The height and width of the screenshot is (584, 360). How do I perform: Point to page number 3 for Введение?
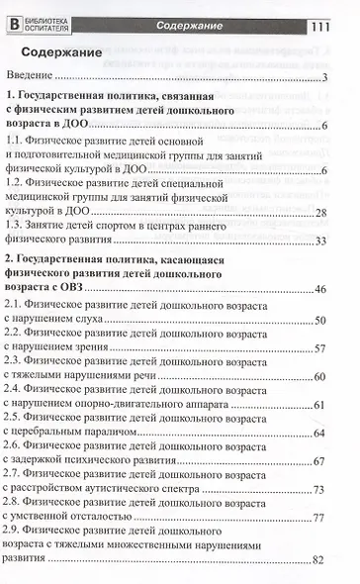[324, 78]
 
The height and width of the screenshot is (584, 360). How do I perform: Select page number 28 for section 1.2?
[320, 214]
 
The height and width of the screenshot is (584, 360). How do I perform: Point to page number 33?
[320, 241]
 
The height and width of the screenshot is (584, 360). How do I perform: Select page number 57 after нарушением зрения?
[320, 348]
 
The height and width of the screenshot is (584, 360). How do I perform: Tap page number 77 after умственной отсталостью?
[320, 518]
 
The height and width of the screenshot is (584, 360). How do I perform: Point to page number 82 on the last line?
[320, 560]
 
